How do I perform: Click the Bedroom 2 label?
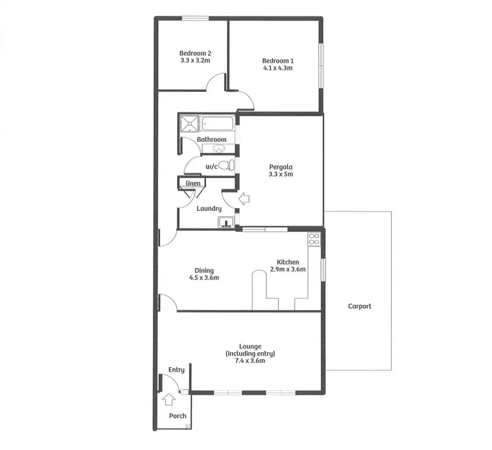pos(195,53)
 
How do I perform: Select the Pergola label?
pos(281,166)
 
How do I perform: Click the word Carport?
pos(359,306)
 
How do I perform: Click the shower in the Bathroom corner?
pos(188,124)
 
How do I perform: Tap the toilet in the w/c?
pos(224,166)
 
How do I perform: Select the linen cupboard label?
pos(193,183)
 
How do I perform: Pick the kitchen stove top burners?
pos(314,240)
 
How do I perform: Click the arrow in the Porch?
pos(169,397)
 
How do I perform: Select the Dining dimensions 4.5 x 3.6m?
pos(204,278)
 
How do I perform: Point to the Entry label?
pos(176,370)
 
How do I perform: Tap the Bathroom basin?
pos(218,149)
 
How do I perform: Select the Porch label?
pos(177,416)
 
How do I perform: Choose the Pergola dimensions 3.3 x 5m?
pos(281,174)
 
